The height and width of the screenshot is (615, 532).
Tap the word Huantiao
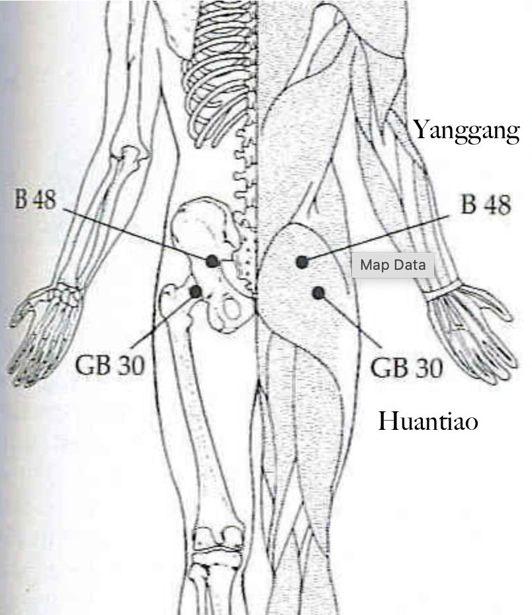[427, 421]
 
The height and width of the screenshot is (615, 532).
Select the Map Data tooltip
[393, 265]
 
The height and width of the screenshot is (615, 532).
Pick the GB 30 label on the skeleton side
[111, 363]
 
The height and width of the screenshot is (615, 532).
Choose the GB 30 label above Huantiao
[406, 368]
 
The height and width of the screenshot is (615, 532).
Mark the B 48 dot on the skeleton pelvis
[212, 261]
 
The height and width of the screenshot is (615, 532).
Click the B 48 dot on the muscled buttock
[302, 262]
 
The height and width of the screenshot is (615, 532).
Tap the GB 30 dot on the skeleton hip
[196, 291]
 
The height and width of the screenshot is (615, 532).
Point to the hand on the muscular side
[470, 331]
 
